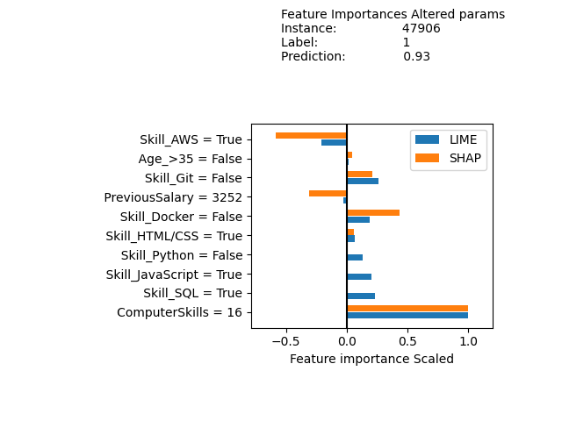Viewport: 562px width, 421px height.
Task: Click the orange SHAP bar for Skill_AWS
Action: point(311,135)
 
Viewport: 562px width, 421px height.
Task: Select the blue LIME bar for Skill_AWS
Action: point(334,142)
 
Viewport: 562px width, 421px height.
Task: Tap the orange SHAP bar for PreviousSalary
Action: point(328,193)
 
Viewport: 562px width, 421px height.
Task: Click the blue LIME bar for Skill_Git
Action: point(363,181)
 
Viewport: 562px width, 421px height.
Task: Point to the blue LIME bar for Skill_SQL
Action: point(361,296)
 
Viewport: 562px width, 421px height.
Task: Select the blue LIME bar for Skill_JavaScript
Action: point(359,277)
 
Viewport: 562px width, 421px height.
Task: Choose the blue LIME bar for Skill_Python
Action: point(355,258)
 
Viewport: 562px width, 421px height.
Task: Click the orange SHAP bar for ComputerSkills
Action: point(407,308)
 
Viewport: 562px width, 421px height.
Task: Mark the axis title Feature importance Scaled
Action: point(371,359)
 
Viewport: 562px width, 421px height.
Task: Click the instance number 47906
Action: point(421,28)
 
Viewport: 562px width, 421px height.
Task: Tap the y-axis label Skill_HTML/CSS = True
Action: point(174,236)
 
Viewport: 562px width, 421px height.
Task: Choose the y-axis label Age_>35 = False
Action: point(191,159)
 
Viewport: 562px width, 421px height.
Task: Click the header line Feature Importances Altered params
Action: point(393,14)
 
